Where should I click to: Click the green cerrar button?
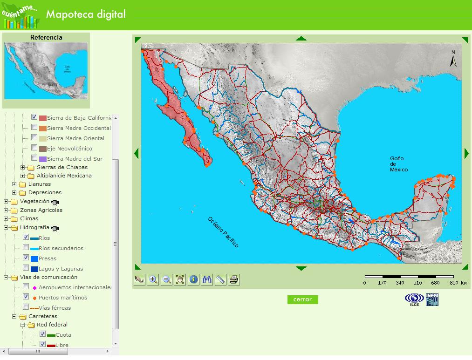[x=302, y=299]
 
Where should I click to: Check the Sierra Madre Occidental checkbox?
[x=34, y=127]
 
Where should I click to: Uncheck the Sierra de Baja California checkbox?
[x=34, y=117]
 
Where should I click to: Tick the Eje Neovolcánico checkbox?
[x=34, y=148]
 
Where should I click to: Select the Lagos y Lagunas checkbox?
[x=26, y=268]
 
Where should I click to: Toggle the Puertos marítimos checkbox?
[x=26, y=297]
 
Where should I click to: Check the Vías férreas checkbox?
[x=26, y=307]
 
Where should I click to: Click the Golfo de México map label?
[x=398, y=164]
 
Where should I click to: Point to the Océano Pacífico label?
[x=223, y=232]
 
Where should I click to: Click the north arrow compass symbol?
[x=453, y=59]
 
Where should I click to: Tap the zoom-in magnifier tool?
[x=153, y=279]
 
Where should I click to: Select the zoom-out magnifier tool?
[x=166, y=279]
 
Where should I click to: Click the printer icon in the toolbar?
[x=234, y=279]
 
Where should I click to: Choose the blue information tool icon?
[x=193, y=279]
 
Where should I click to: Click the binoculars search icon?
[x=207, y=279]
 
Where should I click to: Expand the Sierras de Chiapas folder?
[x=23, y=167]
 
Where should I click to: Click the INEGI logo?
[x=432, y=299]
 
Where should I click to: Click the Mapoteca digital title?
[x=86, y=14]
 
